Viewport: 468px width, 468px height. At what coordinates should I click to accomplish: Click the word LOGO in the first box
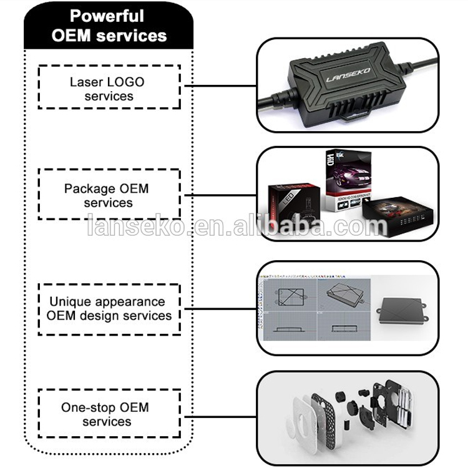point(126,82)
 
